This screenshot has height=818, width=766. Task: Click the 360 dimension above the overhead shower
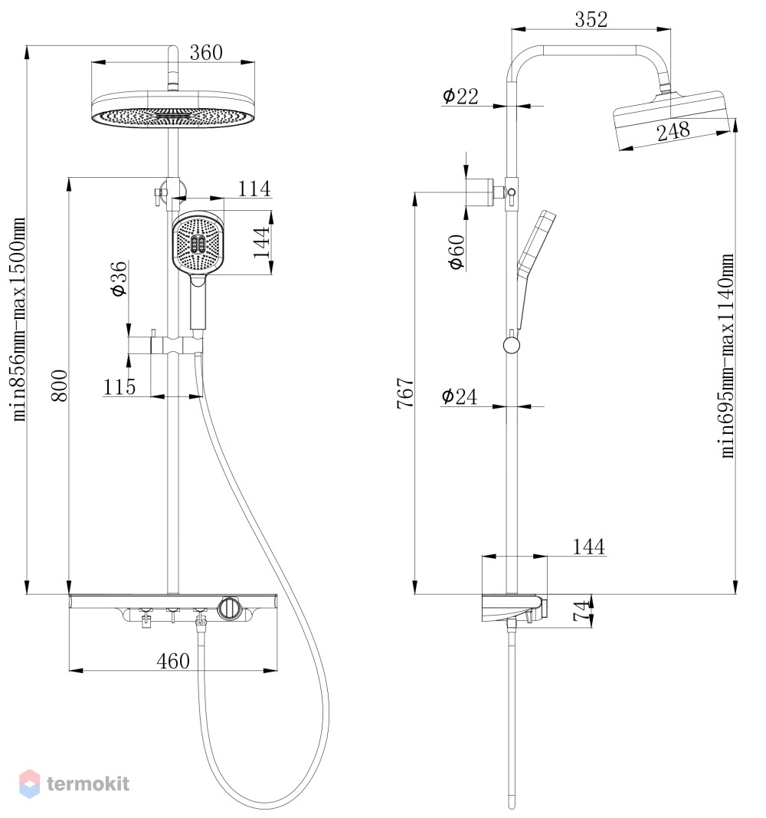[x=206, y=53]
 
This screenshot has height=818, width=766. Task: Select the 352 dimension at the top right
[x=591, y=20]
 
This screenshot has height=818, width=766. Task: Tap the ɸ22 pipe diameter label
[x=460, y=96]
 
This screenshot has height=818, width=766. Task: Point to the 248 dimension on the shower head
[x=673, y=131]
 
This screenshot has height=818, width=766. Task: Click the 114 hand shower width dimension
[x=254, y=189]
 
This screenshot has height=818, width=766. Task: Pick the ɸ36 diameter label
[x=119, y=279]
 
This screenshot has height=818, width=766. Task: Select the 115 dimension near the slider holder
[x=119, y=387]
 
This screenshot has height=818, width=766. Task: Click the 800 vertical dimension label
[x=60, y=386]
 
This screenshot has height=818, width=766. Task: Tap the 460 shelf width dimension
[x=173, y=662]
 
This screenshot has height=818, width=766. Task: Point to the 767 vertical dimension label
[x=405, y=393]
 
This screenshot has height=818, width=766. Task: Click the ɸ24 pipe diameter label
[x=459, y=396]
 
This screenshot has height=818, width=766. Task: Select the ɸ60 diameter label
[x=457, y=252]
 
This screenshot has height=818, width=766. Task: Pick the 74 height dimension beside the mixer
[x=581, y=610]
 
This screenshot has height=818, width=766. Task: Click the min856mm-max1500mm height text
[x=18, y=319]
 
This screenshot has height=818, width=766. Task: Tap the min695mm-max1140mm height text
[x=728, y=356]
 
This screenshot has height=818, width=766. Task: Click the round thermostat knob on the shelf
[x=229, y=608]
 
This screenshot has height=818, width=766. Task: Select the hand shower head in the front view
[x=198, y=241]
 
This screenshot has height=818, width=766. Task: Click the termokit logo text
[x=88, y=784]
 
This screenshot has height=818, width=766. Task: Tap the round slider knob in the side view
[x=512, y=345]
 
